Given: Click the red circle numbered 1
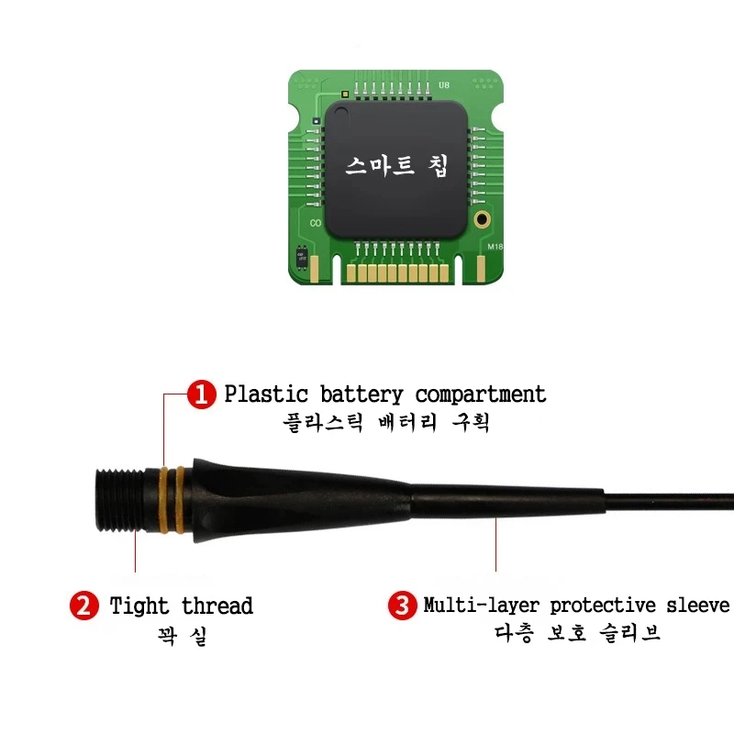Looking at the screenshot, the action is [201, 395].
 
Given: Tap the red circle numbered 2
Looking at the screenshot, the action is [84, 606].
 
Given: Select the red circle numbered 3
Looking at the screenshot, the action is [401, 606].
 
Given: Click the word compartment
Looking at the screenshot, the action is [480, 395].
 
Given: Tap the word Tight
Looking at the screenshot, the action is [139, 606].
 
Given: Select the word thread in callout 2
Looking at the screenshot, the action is [217, 606].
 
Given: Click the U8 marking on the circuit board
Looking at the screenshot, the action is [444, 85].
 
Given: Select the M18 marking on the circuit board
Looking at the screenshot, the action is [495, 247].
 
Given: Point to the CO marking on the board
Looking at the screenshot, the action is [315, 223].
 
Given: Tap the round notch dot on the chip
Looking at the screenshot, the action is [340, 114].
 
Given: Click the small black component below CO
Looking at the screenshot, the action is [302, 256].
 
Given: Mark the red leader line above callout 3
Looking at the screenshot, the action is [496, 546].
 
